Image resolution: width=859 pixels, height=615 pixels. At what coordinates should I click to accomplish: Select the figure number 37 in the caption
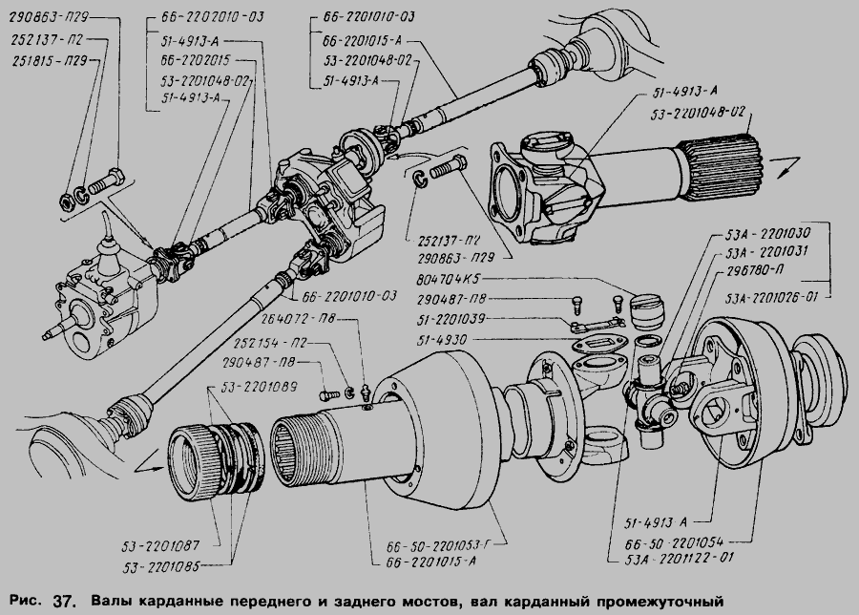coord(63,602)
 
